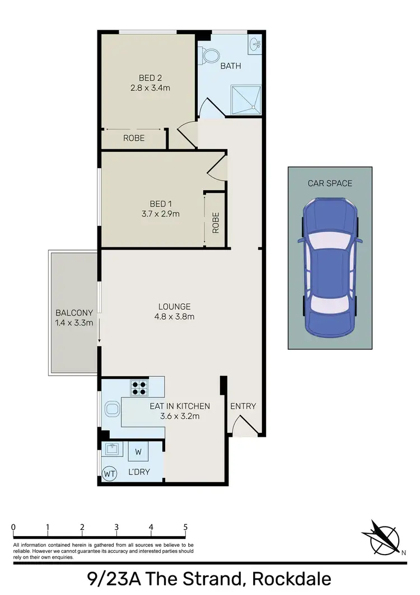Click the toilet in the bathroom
(211, 56)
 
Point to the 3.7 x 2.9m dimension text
(160, 214)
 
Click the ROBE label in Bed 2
(134, 138)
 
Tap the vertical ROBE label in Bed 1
(216, 223)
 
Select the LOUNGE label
(174, 307)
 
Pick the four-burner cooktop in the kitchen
(139, 388)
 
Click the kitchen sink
(113, 410)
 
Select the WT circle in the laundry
(110, 474)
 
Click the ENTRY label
(243, 406)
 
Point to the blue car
(330, 269)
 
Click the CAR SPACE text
(330, 183)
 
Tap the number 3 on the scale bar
(116, 527)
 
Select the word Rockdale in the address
(292, 578)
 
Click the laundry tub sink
(113, 449)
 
